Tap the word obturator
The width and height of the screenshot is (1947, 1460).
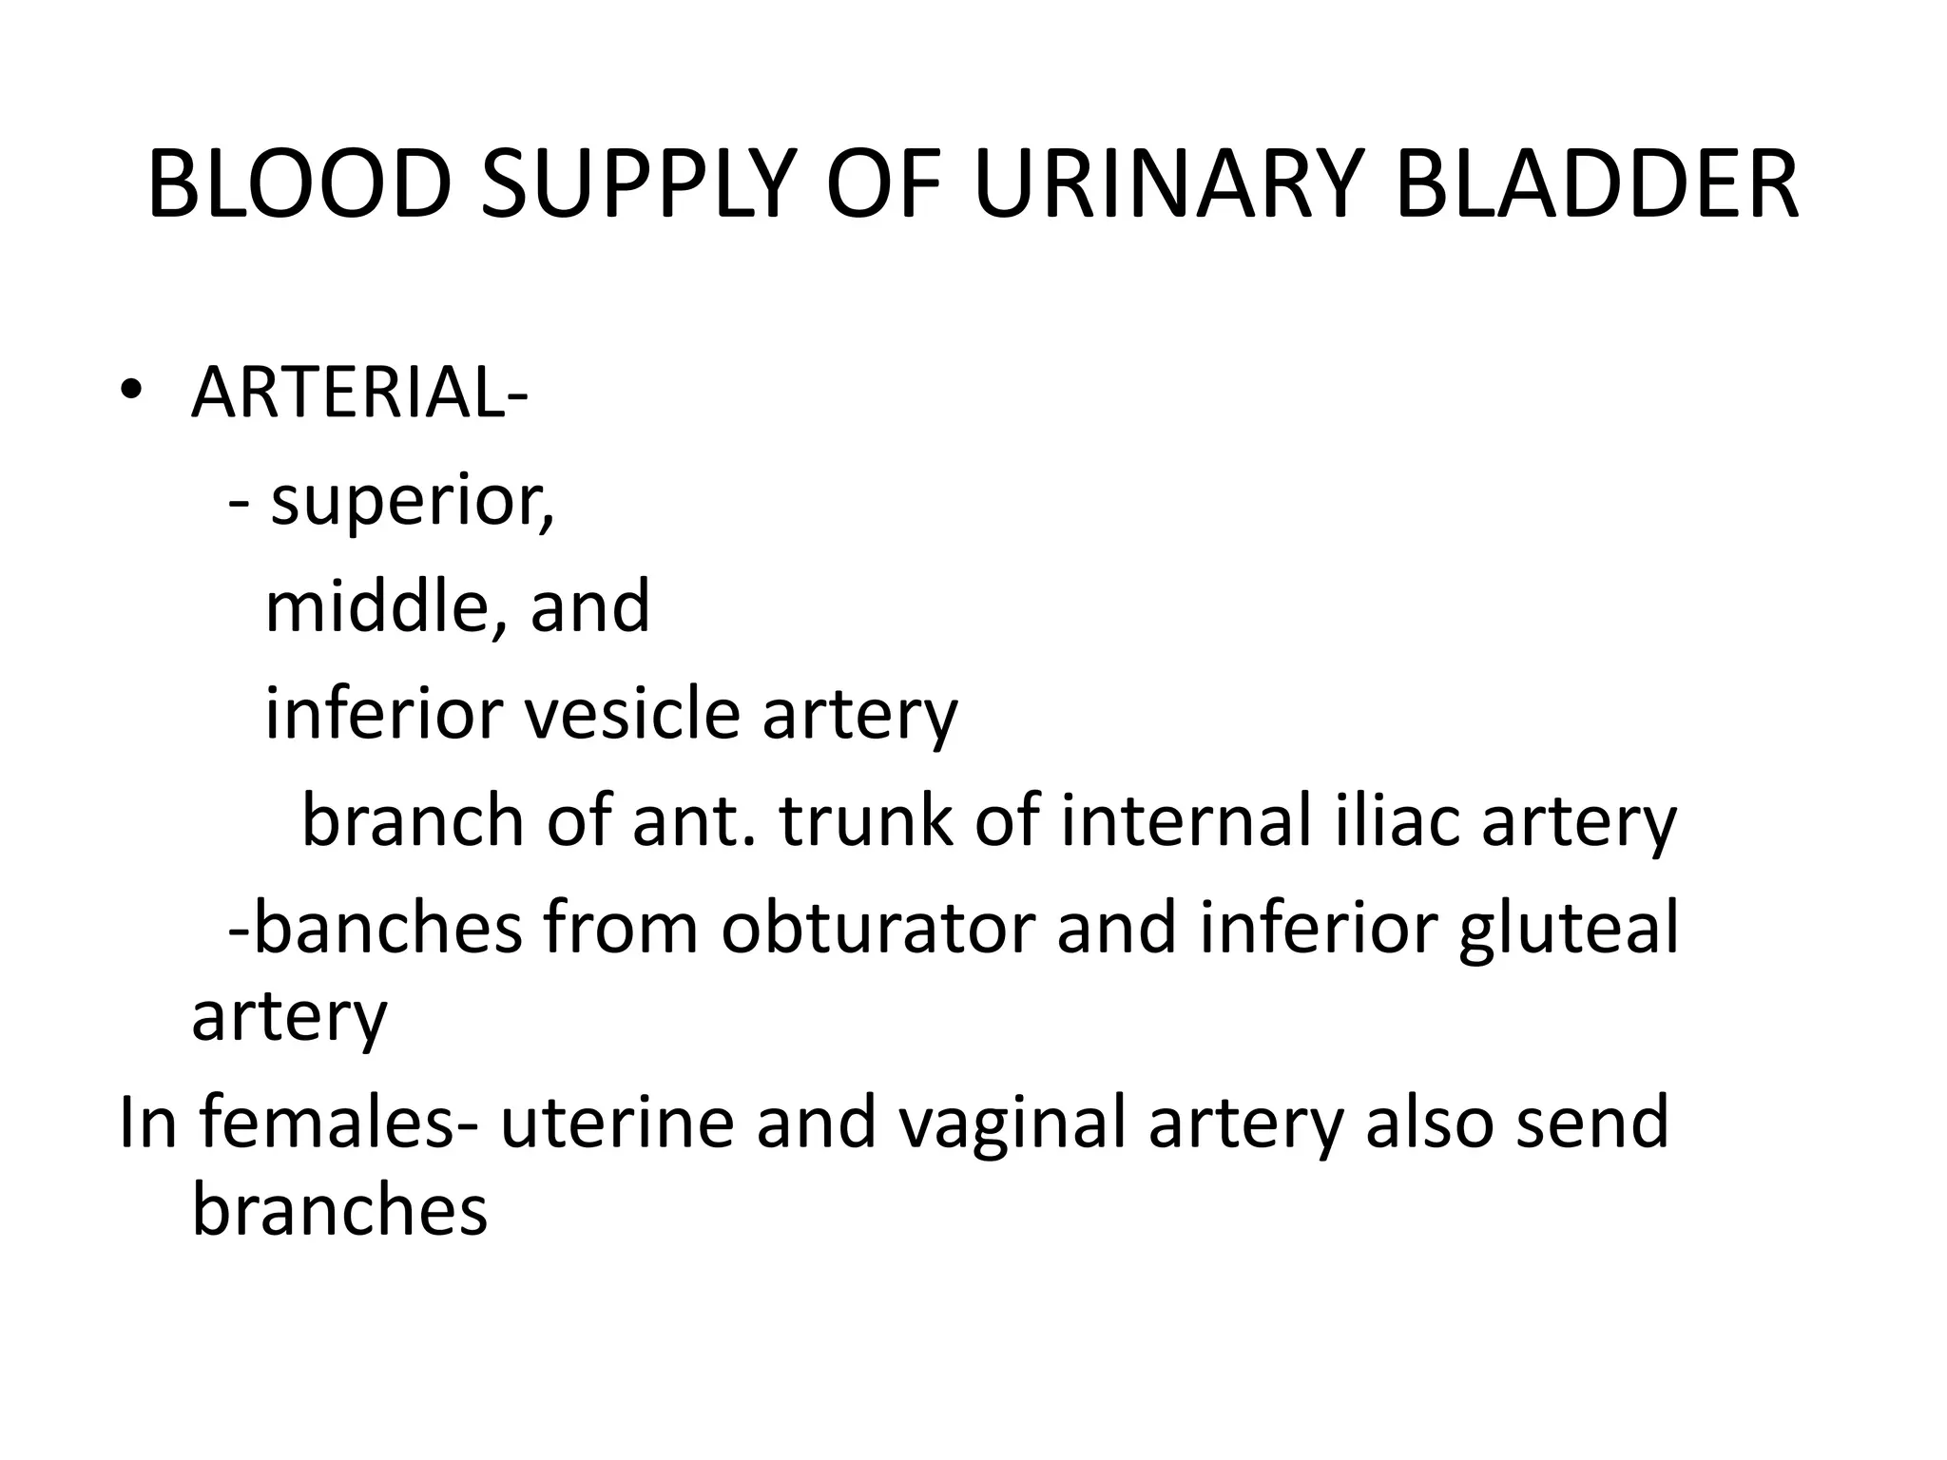click(x=877, y=928)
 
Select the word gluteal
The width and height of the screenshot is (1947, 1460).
click(x=1569, y=930)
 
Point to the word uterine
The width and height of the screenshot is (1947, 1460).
click(x=617, y=1122)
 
